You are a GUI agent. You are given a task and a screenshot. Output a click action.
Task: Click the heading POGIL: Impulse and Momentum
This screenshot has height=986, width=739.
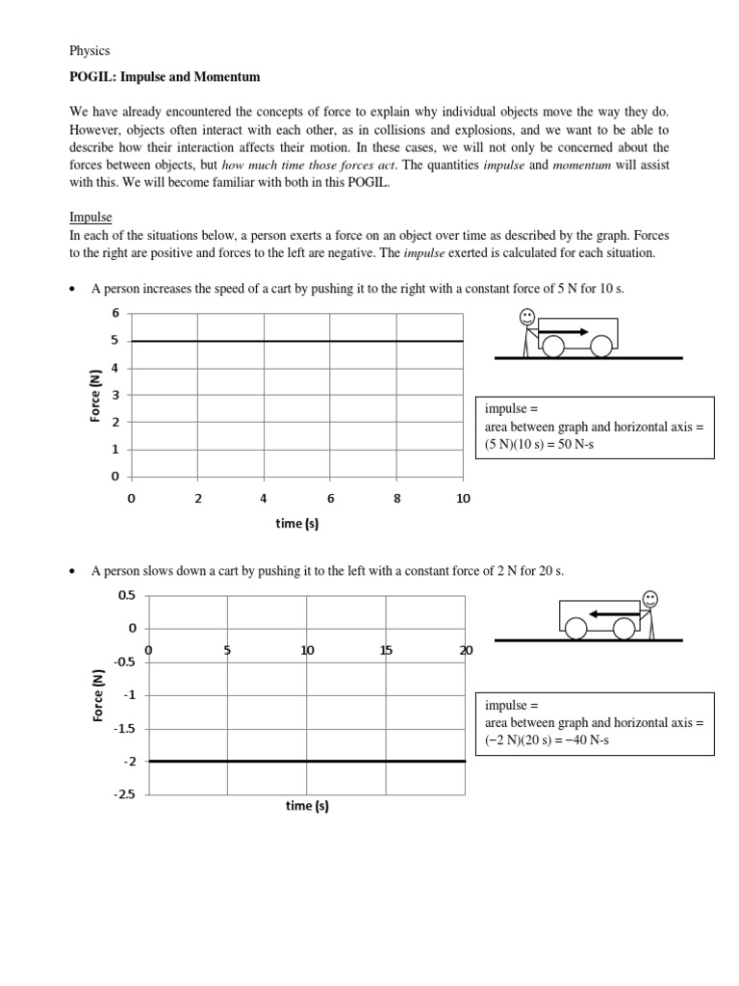click(x=165, y=76)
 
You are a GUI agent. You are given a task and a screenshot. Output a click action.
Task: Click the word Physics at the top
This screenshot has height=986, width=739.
click(x=90, y=50)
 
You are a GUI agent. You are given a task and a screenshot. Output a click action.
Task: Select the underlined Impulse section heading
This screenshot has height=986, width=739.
click(x=91, y=218)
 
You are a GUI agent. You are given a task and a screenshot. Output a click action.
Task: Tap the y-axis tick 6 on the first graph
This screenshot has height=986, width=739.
click(x=115, y=313)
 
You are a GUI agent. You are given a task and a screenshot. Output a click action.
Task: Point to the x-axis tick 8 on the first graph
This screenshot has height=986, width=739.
click(x=396, y=498)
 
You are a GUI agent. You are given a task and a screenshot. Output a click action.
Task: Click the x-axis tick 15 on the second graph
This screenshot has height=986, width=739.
click(x=386, y=650)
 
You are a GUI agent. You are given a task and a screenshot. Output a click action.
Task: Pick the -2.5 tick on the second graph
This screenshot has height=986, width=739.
click(x=126, y=794)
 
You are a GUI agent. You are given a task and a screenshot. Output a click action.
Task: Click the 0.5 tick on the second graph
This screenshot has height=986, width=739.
click(x=128, y=595)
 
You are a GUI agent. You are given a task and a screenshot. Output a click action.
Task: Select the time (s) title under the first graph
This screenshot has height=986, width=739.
click(x=297, y=524)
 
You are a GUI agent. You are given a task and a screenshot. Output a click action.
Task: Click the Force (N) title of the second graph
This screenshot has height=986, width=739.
click(x=97, y=695)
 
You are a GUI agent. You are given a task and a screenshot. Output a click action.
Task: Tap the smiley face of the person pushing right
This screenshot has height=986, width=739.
click(x=527, y=316)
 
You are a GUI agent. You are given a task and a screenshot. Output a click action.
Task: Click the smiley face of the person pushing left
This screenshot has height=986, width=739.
click(x=651, y=598)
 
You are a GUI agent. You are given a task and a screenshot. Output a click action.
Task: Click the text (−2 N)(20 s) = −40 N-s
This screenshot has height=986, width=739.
click(x=548, y=739)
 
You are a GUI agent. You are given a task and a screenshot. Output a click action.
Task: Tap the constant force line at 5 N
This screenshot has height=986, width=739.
click(x=297, y=341)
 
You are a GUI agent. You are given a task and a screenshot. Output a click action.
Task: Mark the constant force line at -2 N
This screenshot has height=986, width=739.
click(x=307, y=761)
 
